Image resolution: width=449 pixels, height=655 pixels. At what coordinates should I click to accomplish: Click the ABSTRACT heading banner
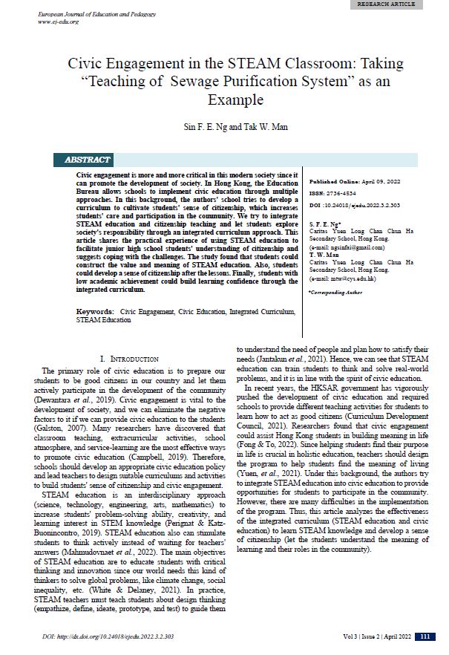tap(88, 160)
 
